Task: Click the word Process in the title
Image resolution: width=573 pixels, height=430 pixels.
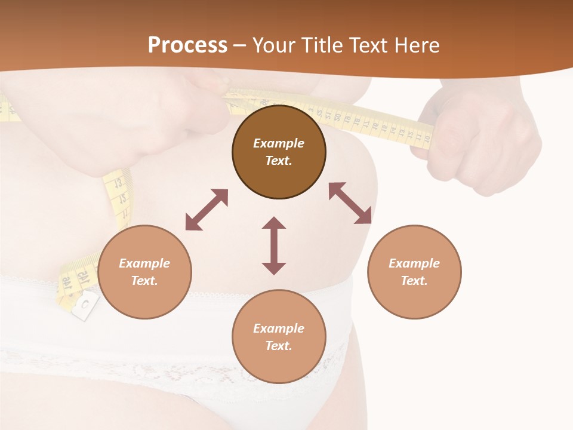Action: tap(187, 45)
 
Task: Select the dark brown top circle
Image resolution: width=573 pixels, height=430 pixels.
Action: tap(279, 152)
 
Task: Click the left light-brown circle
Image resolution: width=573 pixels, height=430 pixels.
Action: tap(144, 272)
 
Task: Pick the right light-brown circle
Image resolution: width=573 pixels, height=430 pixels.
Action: tap(414, 272)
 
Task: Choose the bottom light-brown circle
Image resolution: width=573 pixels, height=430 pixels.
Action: tap(279, 337)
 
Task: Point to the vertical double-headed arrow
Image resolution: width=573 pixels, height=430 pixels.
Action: tap(274, 245)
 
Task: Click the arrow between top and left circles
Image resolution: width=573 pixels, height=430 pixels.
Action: tap(207, 210)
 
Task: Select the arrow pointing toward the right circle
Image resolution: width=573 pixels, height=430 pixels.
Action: tap(350, 203)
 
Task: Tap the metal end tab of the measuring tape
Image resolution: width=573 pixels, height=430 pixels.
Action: tap(84, 305)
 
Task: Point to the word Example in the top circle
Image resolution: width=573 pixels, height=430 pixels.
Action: tap(279, 143)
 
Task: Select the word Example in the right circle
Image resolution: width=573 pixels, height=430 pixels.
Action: tap(414, 263)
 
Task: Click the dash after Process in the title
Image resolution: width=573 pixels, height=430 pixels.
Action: tap(239, 45)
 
